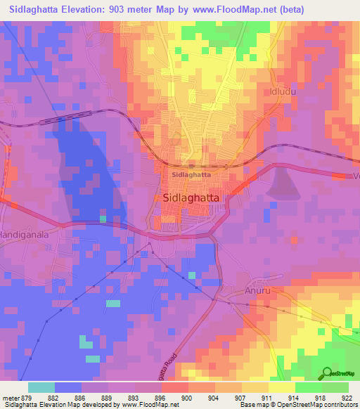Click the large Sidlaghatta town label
[x=196, y=198]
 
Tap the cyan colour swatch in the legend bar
[x=41, y=388]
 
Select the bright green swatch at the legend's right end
[x=335, y=388]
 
